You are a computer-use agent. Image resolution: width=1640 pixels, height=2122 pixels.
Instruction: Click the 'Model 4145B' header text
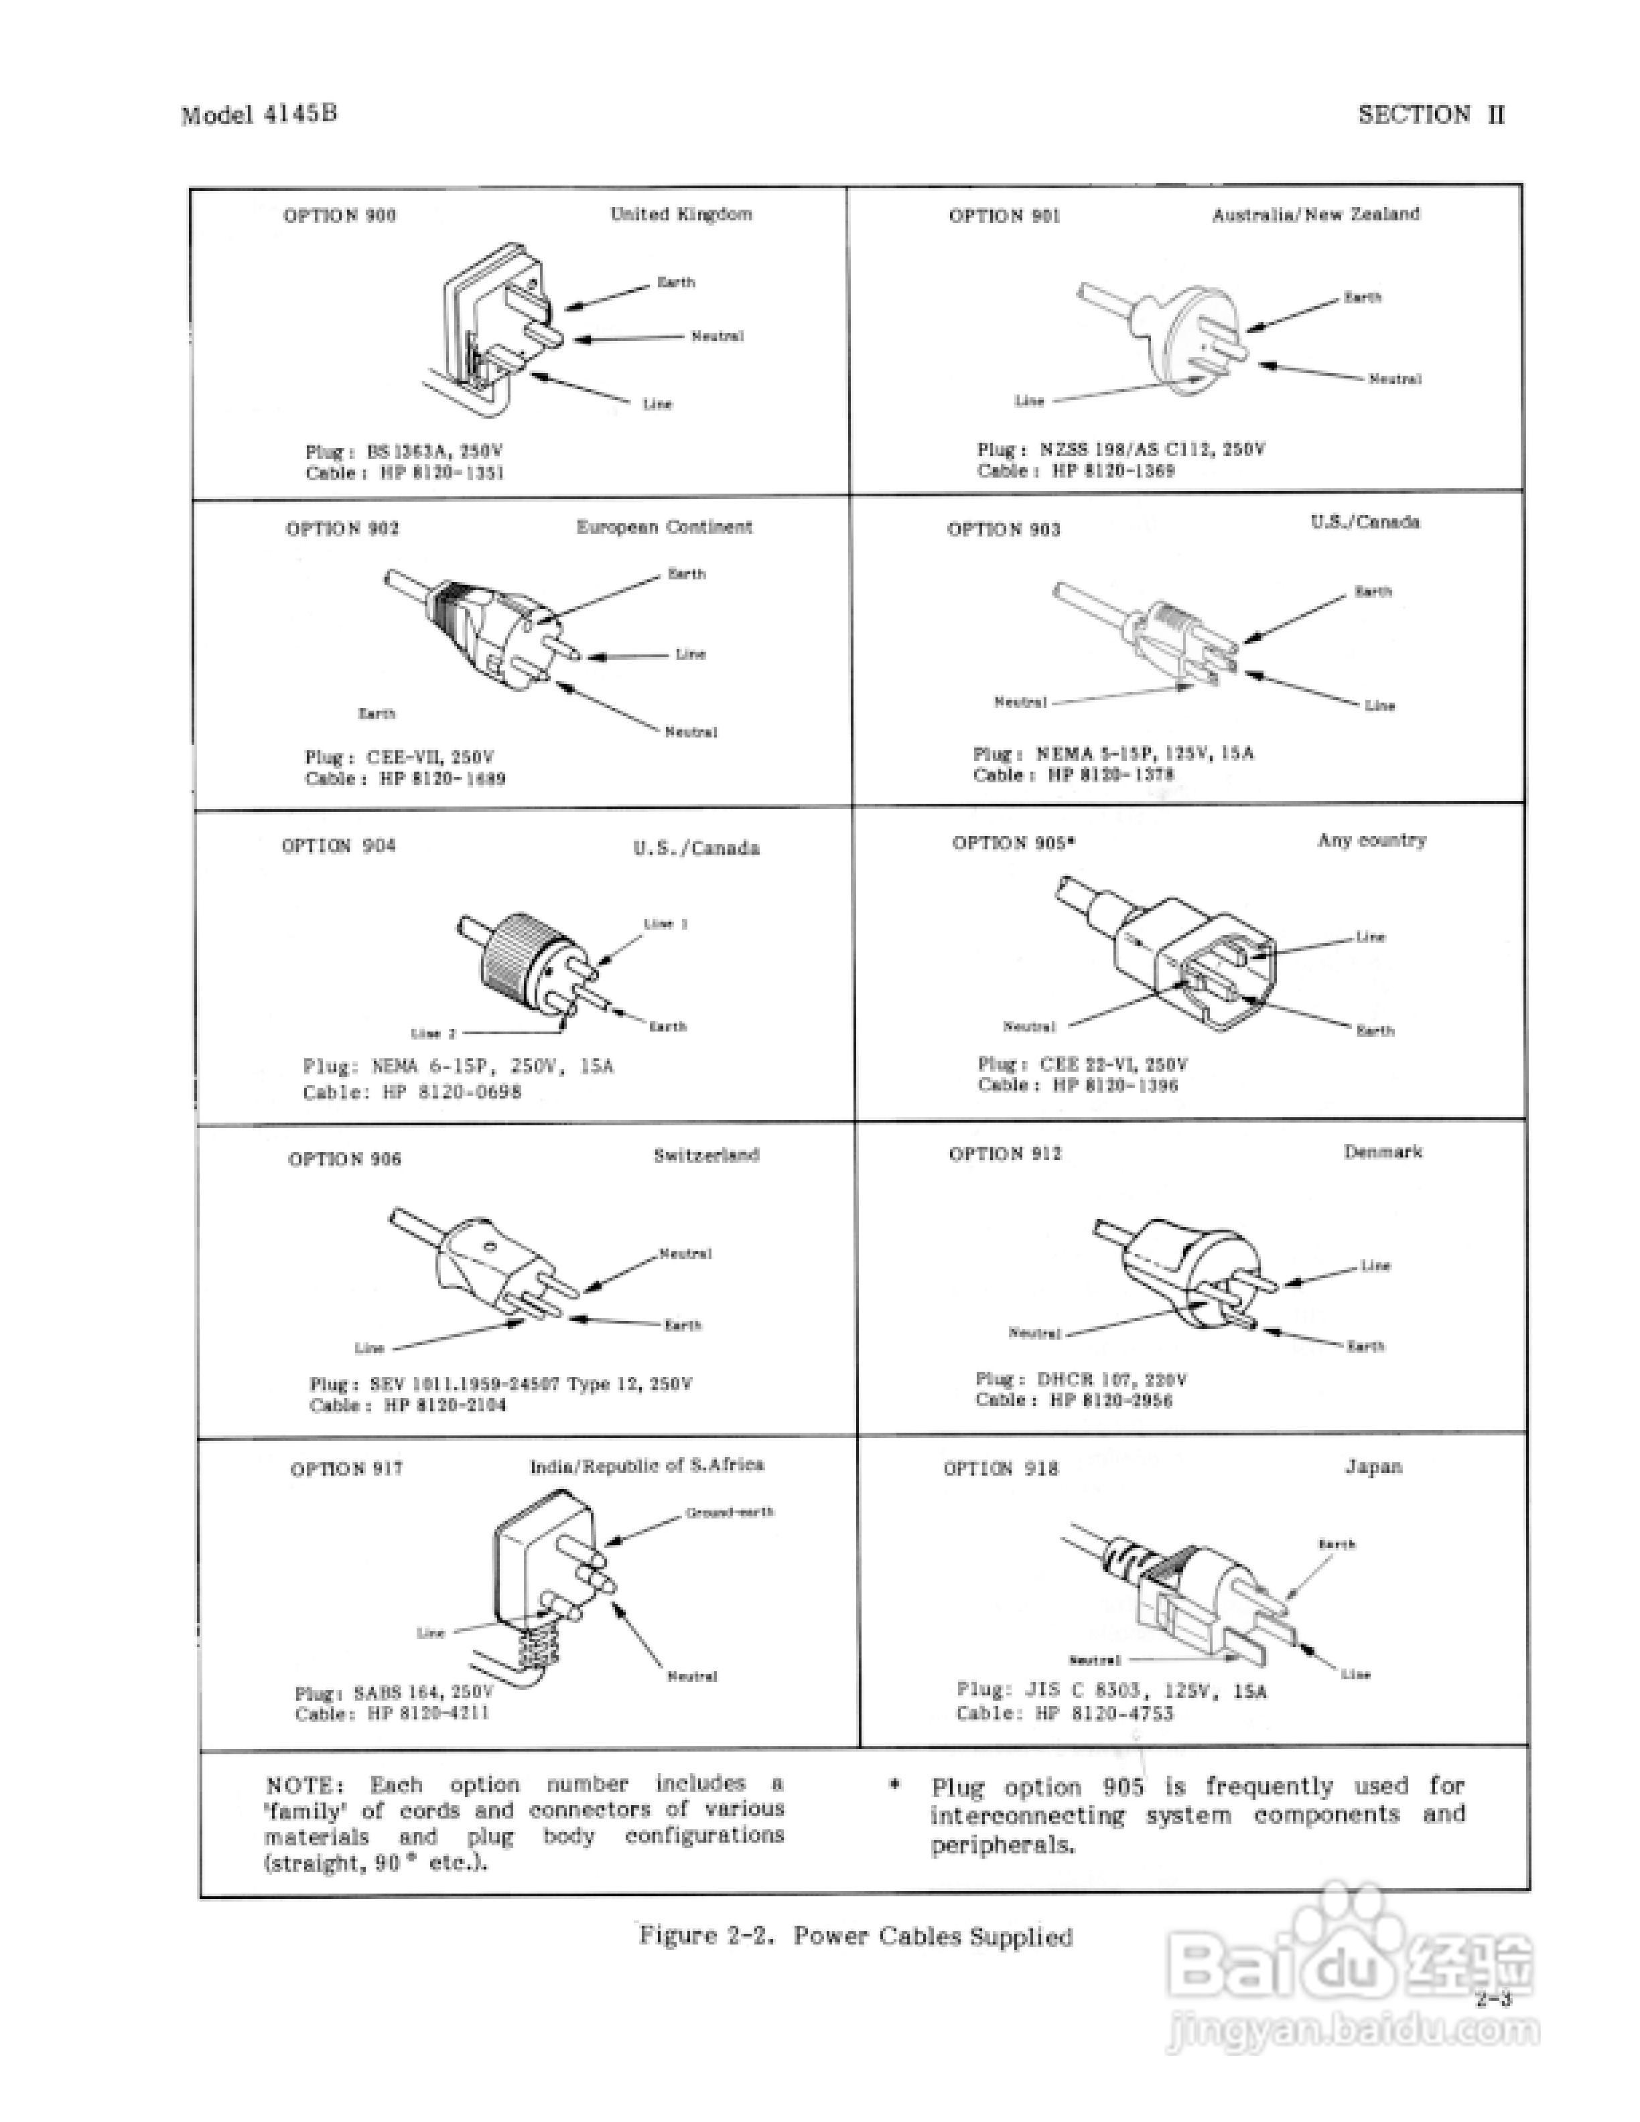pyautogui.click(x=259, y=115)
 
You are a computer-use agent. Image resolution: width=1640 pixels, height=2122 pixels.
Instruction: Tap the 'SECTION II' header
pyautogui.click(x=1430, y=115)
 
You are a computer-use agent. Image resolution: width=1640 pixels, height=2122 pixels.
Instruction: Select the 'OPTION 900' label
pyautogui.click(x=339, y=216)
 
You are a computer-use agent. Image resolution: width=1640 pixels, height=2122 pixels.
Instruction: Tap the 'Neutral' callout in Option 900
pyautogui.click(x=717, y=336)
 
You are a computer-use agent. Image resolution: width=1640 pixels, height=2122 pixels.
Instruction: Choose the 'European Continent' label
pyautogui.click(x=664, y=526)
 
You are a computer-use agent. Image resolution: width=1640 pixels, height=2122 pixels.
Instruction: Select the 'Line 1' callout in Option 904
pyautogui.click(x=665, y=924)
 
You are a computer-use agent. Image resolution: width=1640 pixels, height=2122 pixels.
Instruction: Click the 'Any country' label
pyautogui.click(x=1371, y=841)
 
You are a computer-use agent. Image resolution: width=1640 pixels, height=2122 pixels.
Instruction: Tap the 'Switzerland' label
pyautogui.click(x=705, y=1155)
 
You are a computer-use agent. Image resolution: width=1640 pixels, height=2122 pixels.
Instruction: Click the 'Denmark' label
pyautogui.click(x=1381, y=1152)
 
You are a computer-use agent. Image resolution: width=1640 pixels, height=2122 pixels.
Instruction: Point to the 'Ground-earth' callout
pyautogui.click(x=729, y=1513)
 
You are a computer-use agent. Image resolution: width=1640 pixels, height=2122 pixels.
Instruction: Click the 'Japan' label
pyautogui.click(x=1373, y=1467)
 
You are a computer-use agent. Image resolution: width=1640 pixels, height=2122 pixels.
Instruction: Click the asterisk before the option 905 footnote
pyautogui.click(x=895, y=1786)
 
